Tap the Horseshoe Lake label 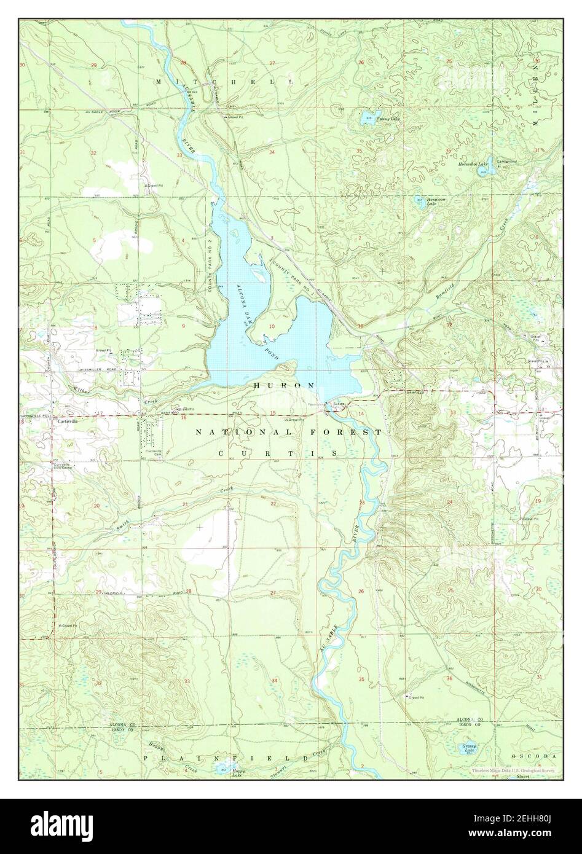tap(473, 165)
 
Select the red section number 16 tap(183, 418)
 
